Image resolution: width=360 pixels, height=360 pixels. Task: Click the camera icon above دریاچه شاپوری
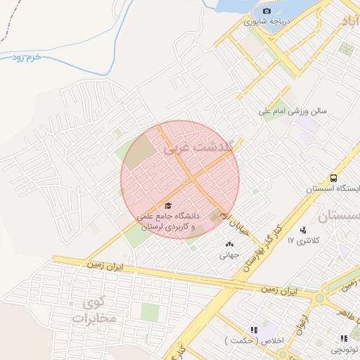[x=266, y=11]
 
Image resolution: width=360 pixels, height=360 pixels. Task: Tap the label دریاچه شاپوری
[x=266, y=22]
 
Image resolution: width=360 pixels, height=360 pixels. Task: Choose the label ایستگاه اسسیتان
[x=333, y=189]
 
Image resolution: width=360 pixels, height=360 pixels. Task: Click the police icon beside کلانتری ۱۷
[x=303, y=229]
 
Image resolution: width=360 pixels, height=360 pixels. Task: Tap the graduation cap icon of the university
[x=167, y=205]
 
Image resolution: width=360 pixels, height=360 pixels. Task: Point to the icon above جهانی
[x=229, y=244]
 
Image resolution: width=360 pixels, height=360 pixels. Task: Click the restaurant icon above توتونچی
[x=343, y=338]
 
